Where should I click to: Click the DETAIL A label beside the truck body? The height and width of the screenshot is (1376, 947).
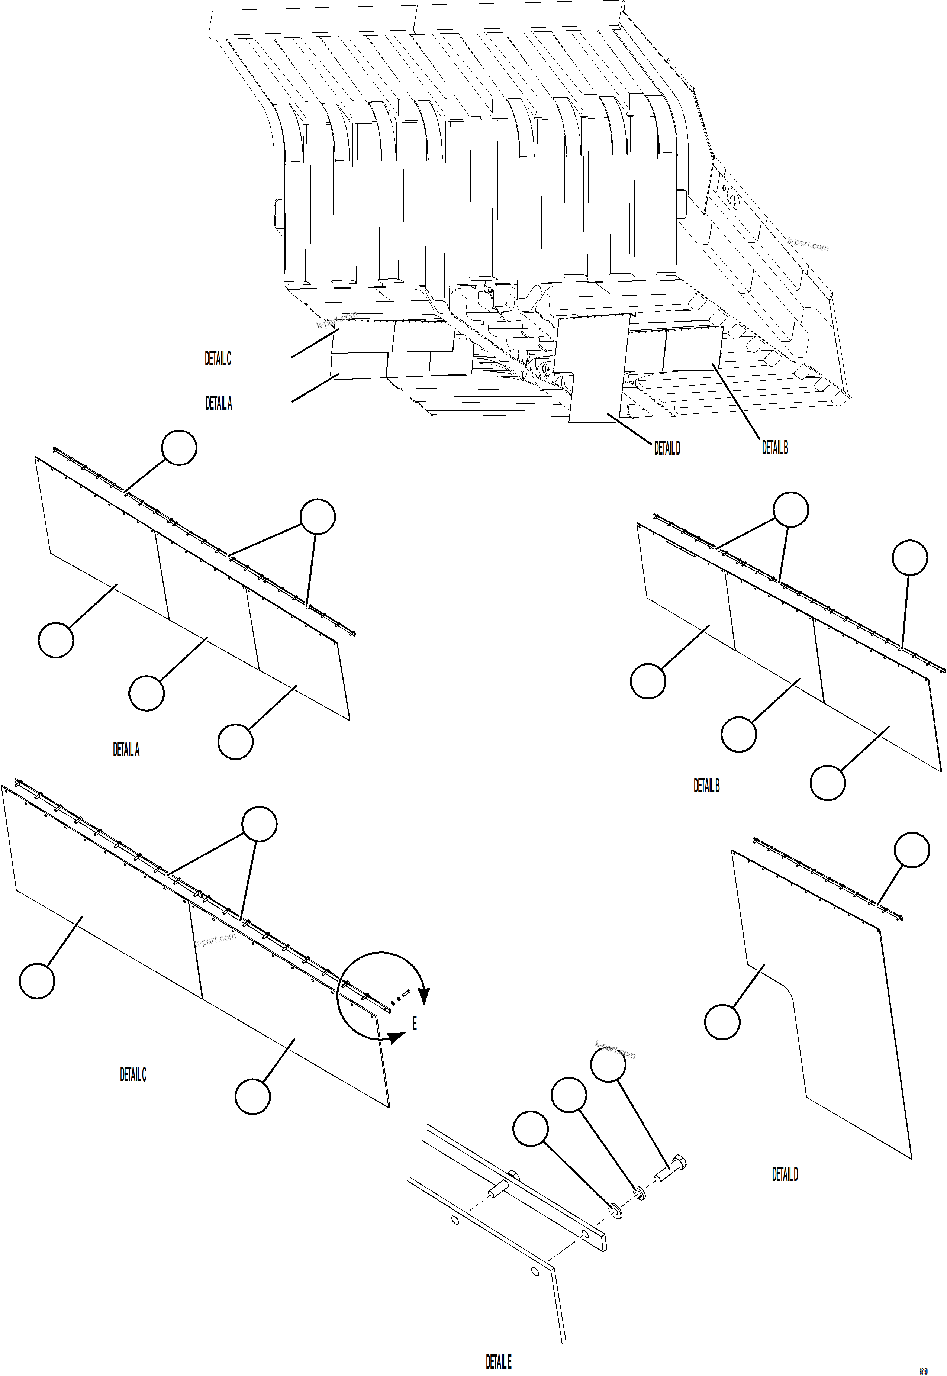pos(218,403)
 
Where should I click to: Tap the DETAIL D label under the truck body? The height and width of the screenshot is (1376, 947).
pos(667,449)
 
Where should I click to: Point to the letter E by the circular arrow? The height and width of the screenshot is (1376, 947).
pos(414,1024)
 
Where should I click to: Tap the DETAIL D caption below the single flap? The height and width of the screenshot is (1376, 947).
pos(785,1174)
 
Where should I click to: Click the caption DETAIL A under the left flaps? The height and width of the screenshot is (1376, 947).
pos(126,750)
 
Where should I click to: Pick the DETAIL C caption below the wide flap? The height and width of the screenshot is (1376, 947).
pos(133,1074)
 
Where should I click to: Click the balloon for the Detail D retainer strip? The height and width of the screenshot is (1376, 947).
pos(911,850)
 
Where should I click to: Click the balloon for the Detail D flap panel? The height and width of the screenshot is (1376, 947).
pos(722,1022)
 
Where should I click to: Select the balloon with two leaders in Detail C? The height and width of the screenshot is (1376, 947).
pos(259,824)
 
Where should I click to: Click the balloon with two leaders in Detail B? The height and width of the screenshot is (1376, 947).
pos(790,510)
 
